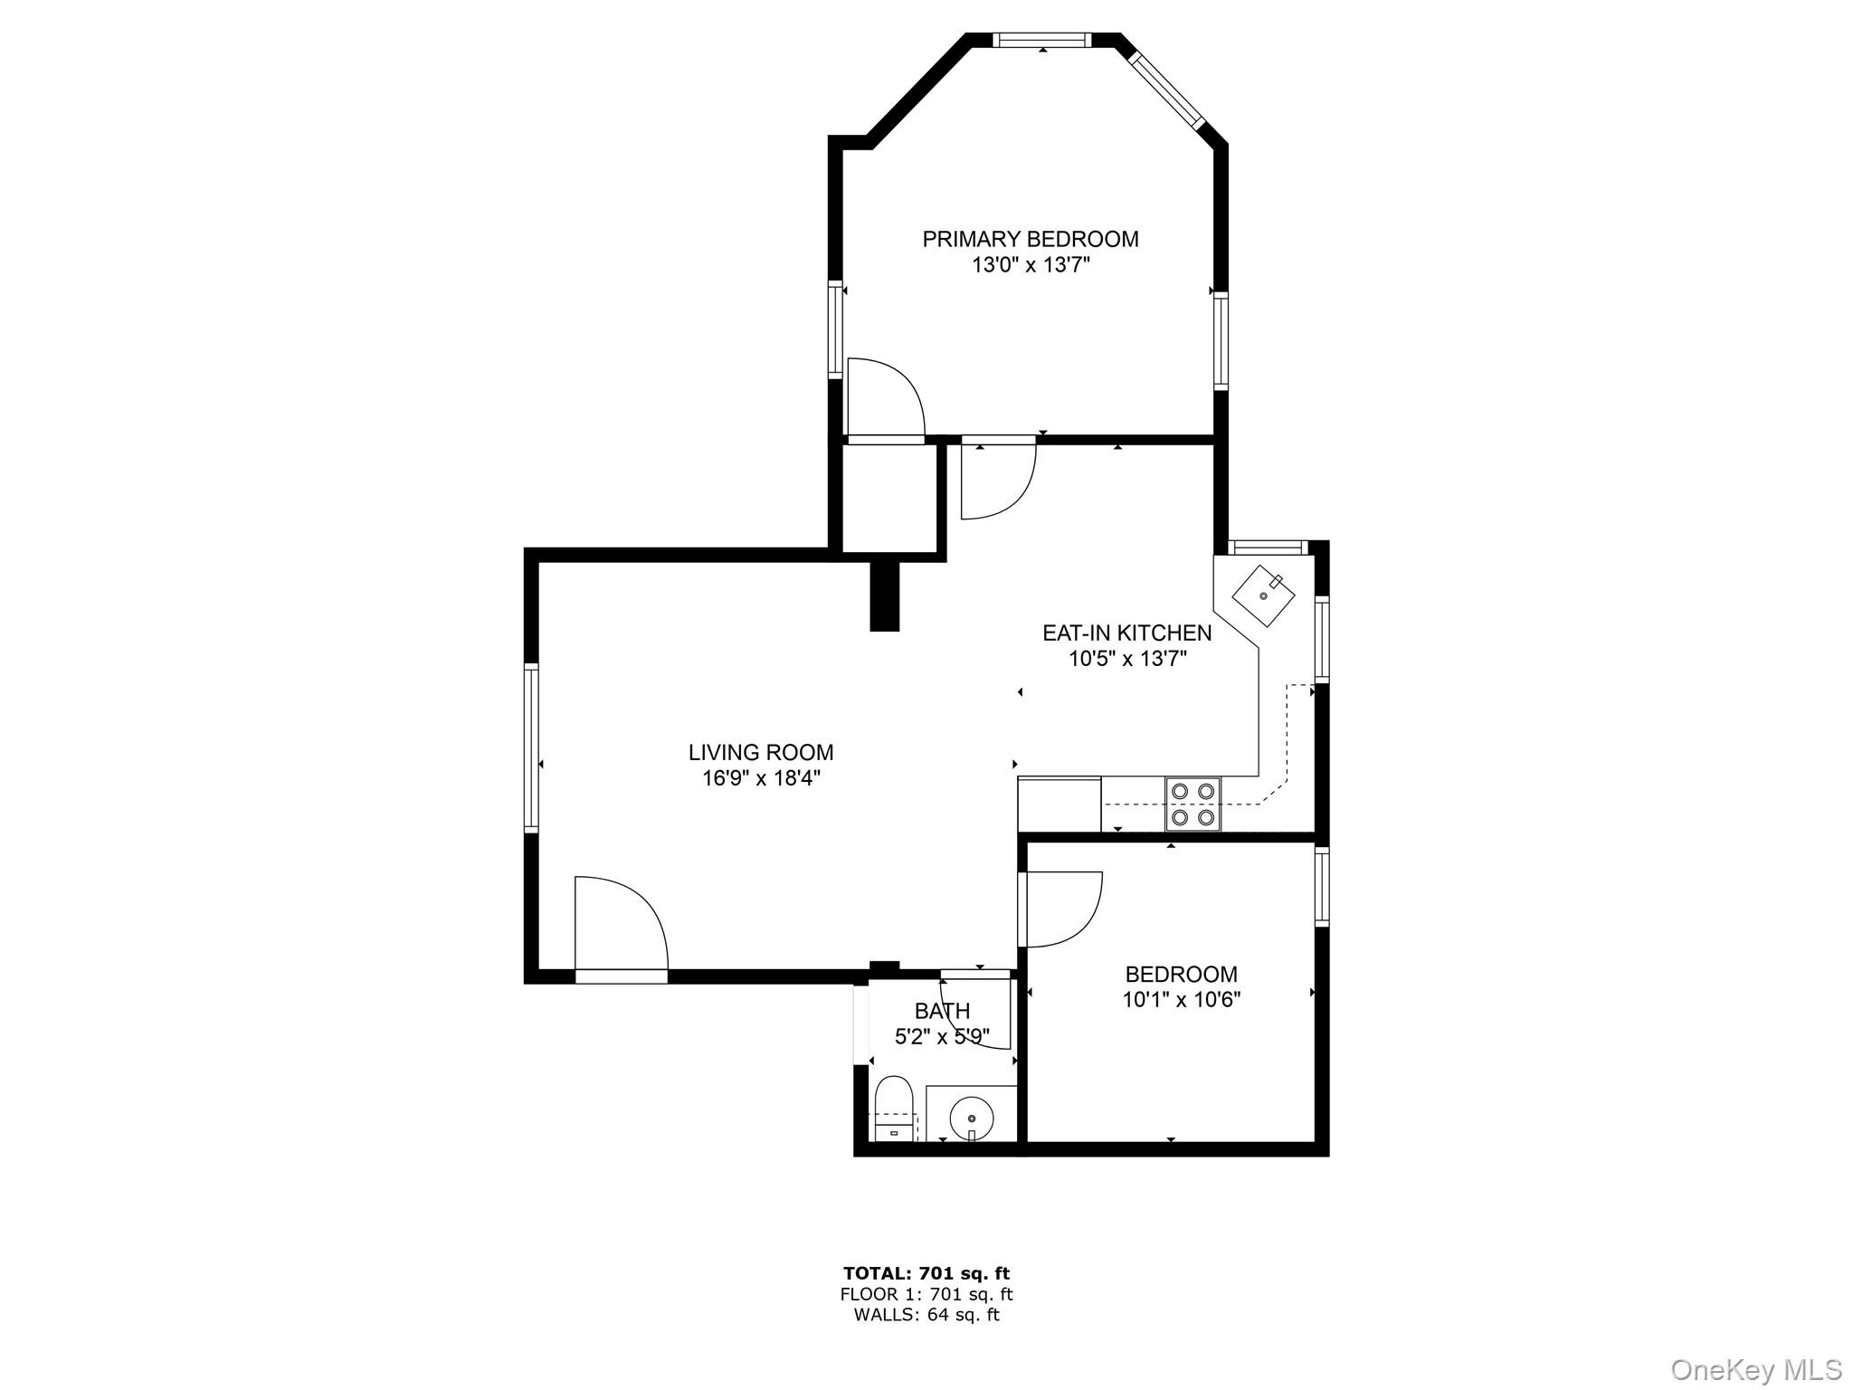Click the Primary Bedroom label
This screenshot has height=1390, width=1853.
click(1030, 239)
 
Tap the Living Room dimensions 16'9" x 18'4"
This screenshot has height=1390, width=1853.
click(761, 778)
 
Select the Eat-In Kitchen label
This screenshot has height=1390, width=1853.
click(1126, 633)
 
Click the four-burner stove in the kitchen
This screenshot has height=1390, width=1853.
click(1193, 804)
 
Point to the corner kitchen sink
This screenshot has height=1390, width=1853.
click(1263, 595)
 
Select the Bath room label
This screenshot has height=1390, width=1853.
click(942, 1011)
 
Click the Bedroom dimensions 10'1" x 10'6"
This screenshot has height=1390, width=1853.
click(1181, 1000)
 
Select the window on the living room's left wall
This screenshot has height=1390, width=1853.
click(531, 748)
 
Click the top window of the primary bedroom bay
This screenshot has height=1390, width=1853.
click(1041, 40)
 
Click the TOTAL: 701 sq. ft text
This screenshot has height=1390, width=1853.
click(926, 1274)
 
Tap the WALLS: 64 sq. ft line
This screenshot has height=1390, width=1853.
click(926, 1316)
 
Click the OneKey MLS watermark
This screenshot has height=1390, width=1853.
click(1756, 1369)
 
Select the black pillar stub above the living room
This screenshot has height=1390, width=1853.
click(885, 595)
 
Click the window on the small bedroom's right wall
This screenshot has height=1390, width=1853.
click(1322, 887)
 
